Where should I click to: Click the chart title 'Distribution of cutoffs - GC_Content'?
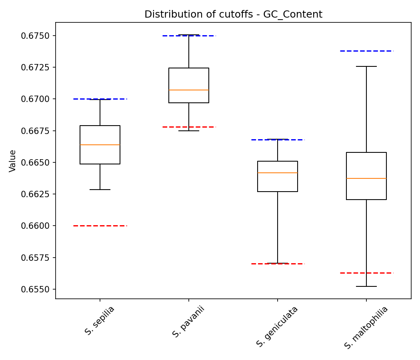[x=233, y=14]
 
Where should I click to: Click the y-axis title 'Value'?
[x=13, y=161]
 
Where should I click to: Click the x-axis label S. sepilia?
[x=100, y=320]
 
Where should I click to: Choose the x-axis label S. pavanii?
[x=188, y=322]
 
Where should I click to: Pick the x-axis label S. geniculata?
[x=277, y=326]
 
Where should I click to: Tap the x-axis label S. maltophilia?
[x=366, y=328]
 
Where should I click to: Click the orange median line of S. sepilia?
[x=100, y=145]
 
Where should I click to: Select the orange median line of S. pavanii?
[x=189, y=90]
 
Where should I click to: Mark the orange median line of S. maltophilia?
[x=366, y=178]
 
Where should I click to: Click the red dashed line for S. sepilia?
[x=100, y=226]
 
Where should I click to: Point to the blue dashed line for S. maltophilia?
[x=366, y=51]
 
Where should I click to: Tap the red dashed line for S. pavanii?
[x=189, y=127]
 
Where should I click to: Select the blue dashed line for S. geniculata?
[x=278, y=140]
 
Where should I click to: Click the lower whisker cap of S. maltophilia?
[x=366, y=286]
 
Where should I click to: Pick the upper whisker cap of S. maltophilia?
[x=366, y=66]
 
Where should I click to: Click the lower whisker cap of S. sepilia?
[x=100, y=190]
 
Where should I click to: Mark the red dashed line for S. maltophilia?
[x=366, y=273]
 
